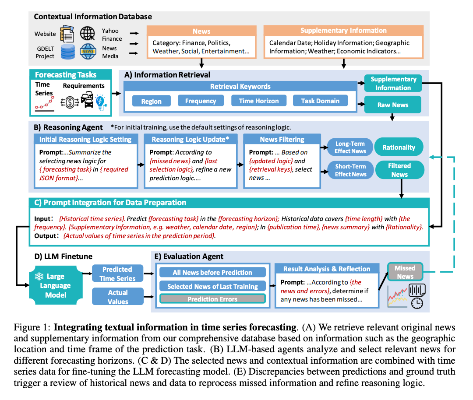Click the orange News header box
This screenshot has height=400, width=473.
pos(201,31)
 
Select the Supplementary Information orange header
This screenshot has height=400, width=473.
pos(343,31)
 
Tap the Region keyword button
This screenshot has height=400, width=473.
pos(152,101)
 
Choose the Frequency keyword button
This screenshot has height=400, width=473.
pos(201,101)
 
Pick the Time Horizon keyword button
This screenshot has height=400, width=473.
pos(259,101)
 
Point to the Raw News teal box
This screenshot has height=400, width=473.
pos(392,105)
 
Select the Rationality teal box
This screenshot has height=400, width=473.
pos(399,147)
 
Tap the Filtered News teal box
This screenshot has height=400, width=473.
pos(399,170)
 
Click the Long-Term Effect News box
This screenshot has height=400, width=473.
pos(350,147)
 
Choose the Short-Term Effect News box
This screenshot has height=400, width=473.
pos(350,170)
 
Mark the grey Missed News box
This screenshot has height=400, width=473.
pos(405,272)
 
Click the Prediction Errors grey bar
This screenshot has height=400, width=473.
pos(212,299)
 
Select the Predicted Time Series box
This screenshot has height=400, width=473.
pos(117,274)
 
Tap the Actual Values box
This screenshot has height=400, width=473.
pos(117,297)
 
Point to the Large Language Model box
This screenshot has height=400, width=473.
pos(56,286)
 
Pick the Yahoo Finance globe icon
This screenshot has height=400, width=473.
pos(88,33)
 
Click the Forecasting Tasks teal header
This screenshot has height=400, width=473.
pos(66,74)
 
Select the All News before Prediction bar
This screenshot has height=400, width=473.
pos(212,273)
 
